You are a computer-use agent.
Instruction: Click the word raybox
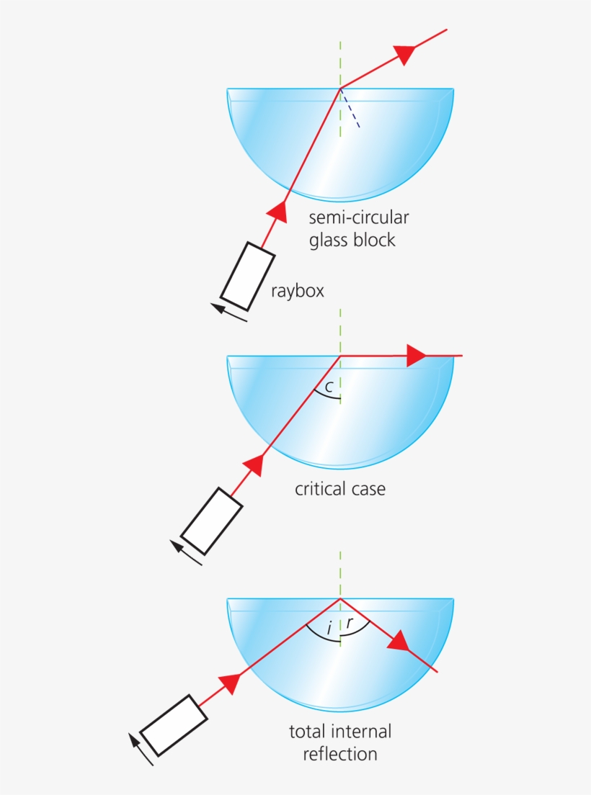pyautogui.click(x=297, y=291)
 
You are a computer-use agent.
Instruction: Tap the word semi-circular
pyautogui.click(x=359, y=217)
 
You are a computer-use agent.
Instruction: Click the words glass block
pyautogui.click(x=352, y=240)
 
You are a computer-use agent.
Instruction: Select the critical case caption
pyautogui.click(x=340, y=489)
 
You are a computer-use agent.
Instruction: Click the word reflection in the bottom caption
pyautogui.click(x=340, y=754)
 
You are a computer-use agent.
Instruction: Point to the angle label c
pyautogui.click(x=329, y=387)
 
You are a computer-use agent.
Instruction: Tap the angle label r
pyautogui.click(x=350, y=623)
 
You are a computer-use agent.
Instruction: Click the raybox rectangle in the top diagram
pyautogui.click(x=247, y=277)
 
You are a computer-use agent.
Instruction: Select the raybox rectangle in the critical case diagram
pyautogui.click(x=212, y=521)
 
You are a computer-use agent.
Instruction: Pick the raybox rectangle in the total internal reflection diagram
pyautogui.click(x=174, y=726)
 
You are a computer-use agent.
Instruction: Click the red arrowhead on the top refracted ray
pyautogui.click(x=405, y=54)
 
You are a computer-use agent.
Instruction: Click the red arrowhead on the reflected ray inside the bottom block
pyautogui.click(x=399, y=642)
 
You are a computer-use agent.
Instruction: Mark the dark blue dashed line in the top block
pyautogui.click(x=350, y=108)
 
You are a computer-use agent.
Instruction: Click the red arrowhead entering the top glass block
pyautogui.click(x=277, y=212)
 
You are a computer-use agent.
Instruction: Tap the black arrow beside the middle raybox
pyautogui.click(x=186, y=552)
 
